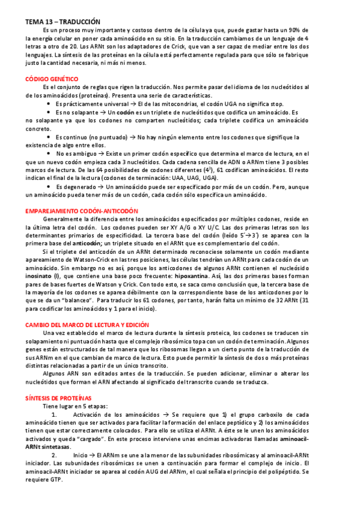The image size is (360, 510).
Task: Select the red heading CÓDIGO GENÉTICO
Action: [51, 79]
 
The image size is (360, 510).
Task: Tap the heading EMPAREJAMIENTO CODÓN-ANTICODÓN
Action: [81, 211]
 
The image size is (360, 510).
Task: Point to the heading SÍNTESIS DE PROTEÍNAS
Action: [58, 398]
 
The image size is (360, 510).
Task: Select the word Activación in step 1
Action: [93, 414]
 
